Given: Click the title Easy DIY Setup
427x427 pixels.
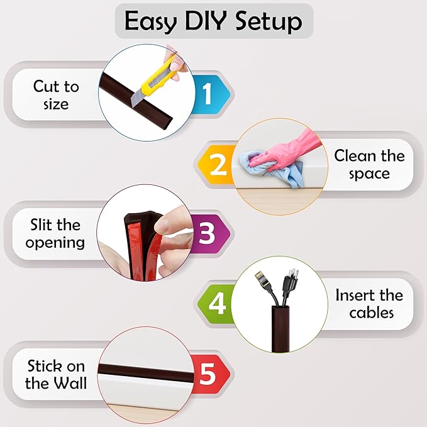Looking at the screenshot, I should pos(213,21).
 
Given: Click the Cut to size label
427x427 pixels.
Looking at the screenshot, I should pos(56,95).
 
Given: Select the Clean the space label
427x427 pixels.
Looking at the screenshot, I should pos(369,164).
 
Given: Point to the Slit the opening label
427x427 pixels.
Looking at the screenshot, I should pos(55,233).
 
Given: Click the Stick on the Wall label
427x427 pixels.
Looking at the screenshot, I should pos(56,374).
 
